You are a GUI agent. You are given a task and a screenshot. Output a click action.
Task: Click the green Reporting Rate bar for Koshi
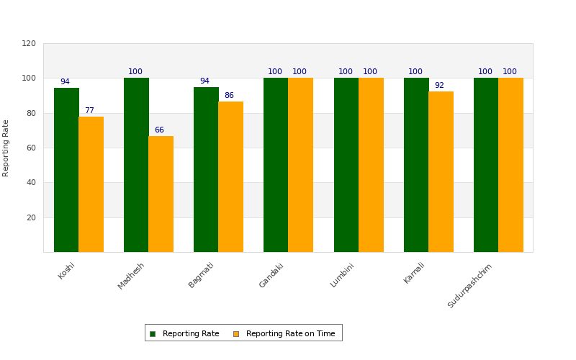(66, 170)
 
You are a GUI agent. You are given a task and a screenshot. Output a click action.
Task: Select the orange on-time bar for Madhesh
(161, 194)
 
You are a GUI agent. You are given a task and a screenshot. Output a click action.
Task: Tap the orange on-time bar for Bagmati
(230, 176)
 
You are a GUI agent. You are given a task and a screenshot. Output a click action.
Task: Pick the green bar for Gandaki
(276, 165)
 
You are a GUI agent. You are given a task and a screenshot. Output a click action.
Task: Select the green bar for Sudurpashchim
(486, 165)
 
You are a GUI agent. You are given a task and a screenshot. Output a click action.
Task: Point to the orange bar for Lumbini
(371, 165)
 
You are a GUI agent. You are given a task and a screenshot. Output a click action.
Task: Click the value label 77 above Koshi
(89, 111)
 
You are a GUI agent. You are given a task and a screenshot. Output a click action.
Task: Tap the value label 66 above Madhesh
(159, 130)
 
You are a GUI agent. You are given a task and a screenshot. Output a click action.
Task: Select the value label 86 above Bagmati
(229, 96)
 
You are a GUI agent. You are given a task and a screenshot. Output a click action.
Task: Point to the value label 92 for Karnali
(439, 86)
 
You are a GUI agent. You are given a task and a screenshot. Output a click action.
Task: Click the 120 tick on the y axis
(29, 43)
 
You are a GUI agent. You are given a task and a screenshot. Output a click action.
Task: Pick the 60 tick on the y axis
(31, 148)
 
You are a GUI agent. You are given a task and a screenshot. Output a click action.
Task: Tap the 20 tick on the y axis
(31, 217)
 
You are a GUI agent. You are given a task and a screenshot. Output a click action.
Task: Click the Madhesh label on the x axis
(132, 276)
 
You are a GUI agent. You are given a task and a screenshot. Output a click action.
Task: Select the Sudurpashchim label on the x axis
(470, 286)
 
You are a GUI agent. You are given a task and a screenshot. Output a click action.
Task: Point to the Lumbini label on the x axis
(343, 275)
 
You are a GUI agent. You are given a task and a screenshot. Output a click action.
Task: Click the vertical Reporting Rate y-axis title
(6, 148)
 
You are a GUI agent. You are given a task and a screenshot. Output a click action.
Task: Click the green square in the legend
(153, 333)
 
